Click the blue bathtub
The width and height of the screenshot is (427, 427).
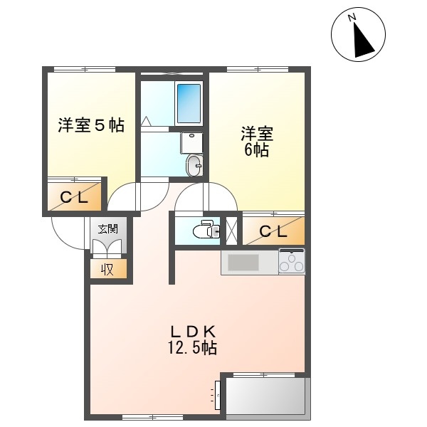pyautogui.click(x=189, y=103)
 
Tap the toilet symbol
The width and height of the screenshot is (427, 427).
pyautogui.click(x=206, y=228)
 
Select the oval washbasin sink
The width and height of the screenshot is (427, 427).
pyautogui.click(x=194, y=165)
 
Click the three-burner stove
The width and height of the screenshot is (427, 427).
pyautogui.click(x=292, y=261)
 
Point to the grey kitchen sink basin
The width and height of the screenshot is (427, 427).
pyautogui.click(x=243, y=262)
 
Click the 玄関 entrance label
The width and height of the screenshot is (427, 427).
pyautogui.click(x=108, y=229)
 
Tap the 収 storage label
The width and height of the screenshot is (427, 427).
pyautogui.click(x=108, y=269)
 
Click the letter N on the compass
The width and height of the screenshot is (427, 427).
pyautogui.click(x=352, y=18)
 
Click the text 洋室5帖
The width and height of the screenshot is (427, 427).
pyautogui.click(x=91, y=125)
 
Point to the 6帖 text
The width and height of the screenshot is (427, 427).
pyautogui.click(x=256, y=149)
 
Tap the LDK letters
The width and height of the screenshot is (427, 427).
pyautogui.click(x=193, y=332)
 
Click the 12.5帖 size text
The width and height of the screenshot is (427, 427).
pyautogui.click(x=193, y=347)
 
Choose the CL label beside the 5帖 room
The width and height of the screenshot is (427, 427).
pyautogui.click(x=74, y=197)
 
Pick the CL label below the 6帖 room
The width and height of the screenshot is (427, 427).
pyautogui.click(x=273, y=232)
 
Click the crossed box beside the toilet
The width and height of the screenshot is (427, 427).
pyautogui.click(x=231, y=231)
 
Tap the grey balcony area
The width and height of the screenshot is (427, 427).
pyautogui.click(x=265, y=396)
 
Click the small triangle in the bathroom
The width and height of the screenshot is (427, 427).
pyautogui.click(x=147, y=121)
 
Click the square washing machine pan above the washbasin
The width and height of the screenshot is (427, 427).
pyautogui.click(x=191, y=143)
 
